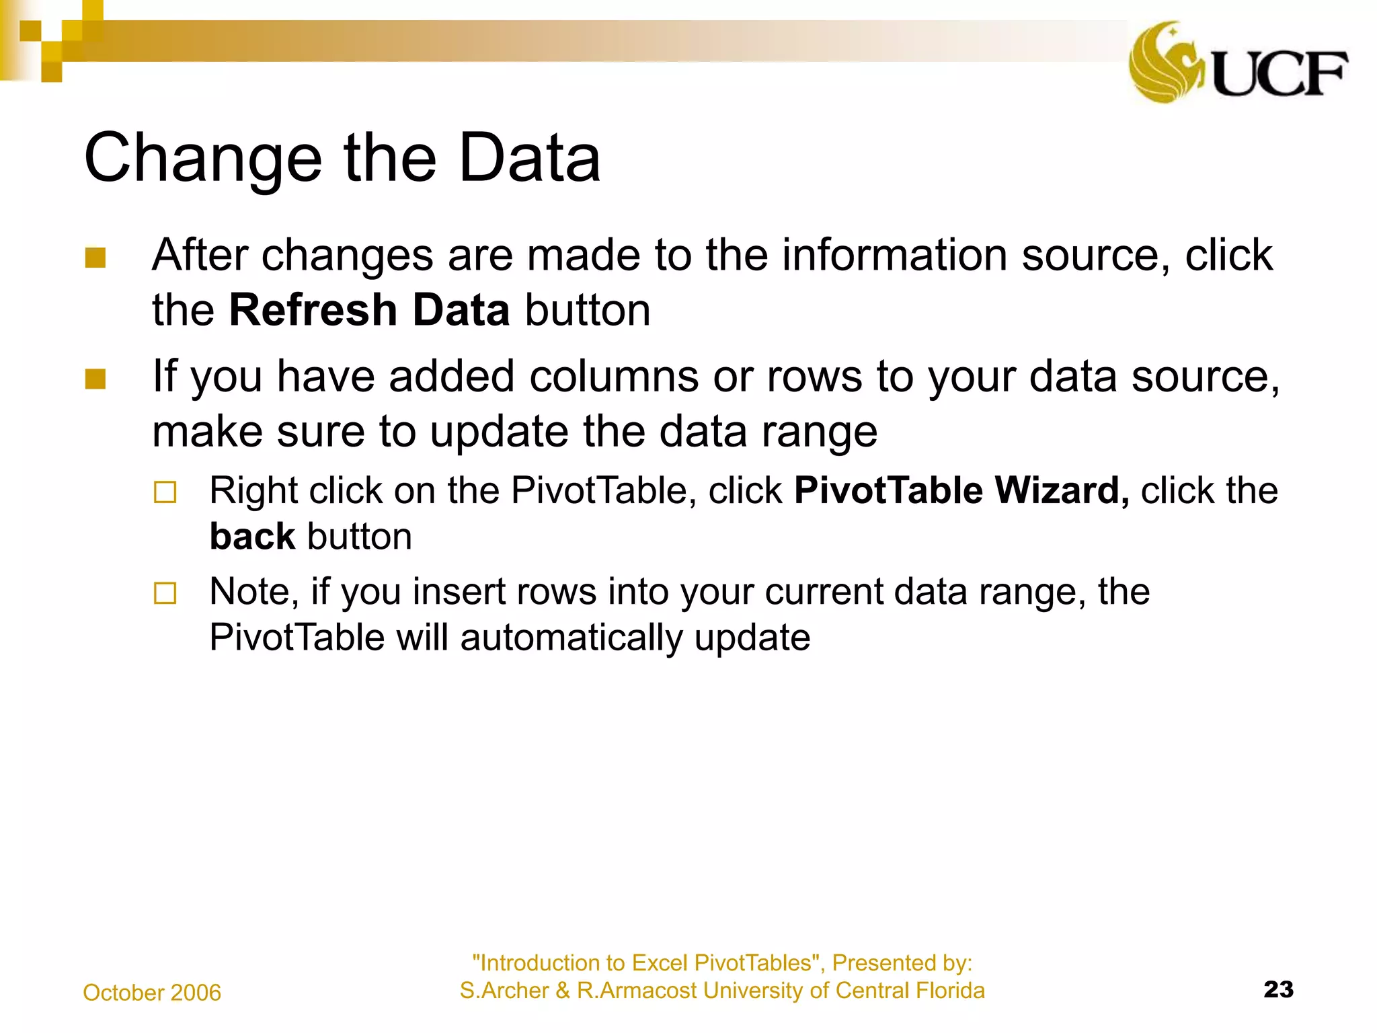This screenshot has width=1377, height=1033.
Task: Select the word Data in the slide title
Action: pos(529,158)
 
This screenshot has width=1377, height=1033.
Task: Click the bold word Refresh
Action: pos(313,310)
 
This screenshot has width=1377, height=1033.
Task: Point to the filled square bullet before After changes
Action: pos(95,258)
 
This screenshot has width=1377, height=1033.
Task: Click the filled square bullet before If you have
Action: pos(95,379)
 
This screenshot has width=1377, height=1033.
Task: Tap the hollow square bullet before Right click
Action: pos(165,492)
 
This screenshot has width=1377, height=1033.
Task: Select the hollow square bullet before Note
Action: pos(165,593)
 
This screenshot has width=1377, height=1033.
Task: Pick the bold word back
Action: pos(252,537)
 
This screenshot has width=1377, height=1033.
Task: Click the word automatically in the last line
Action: pos(571,638)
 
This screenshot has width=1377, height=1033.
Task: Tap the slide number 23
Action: pos(1278,989)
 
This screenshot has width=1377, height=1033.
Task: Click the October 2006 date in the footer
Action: pos(152,993)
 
